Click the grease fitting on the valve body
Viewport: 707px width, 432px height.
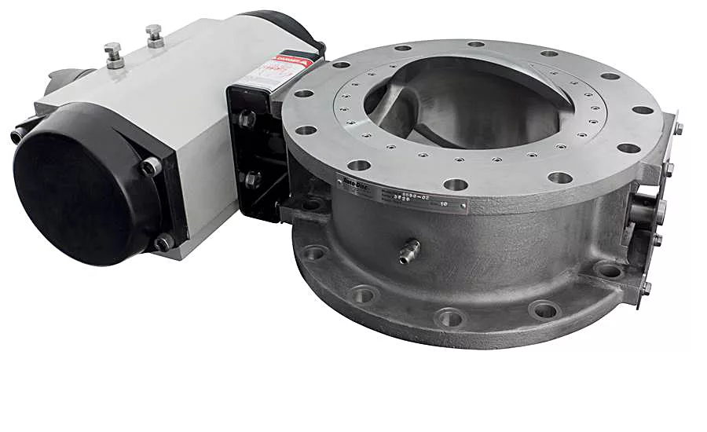(408, 251)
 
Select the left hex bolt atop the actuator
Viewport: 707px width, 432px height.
(114, 55)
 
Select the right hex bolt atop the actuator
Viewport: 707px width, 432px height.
(155, 36)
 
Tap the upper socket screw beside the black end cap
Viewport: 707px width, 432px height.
(150, 166)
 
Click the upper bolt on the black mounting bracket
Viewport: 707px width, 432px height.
(246, 119)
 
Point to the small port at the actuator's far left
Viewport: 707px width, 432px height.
(17, 135)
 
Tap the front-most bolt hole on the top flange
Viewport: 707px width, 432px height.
(455, 185)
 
